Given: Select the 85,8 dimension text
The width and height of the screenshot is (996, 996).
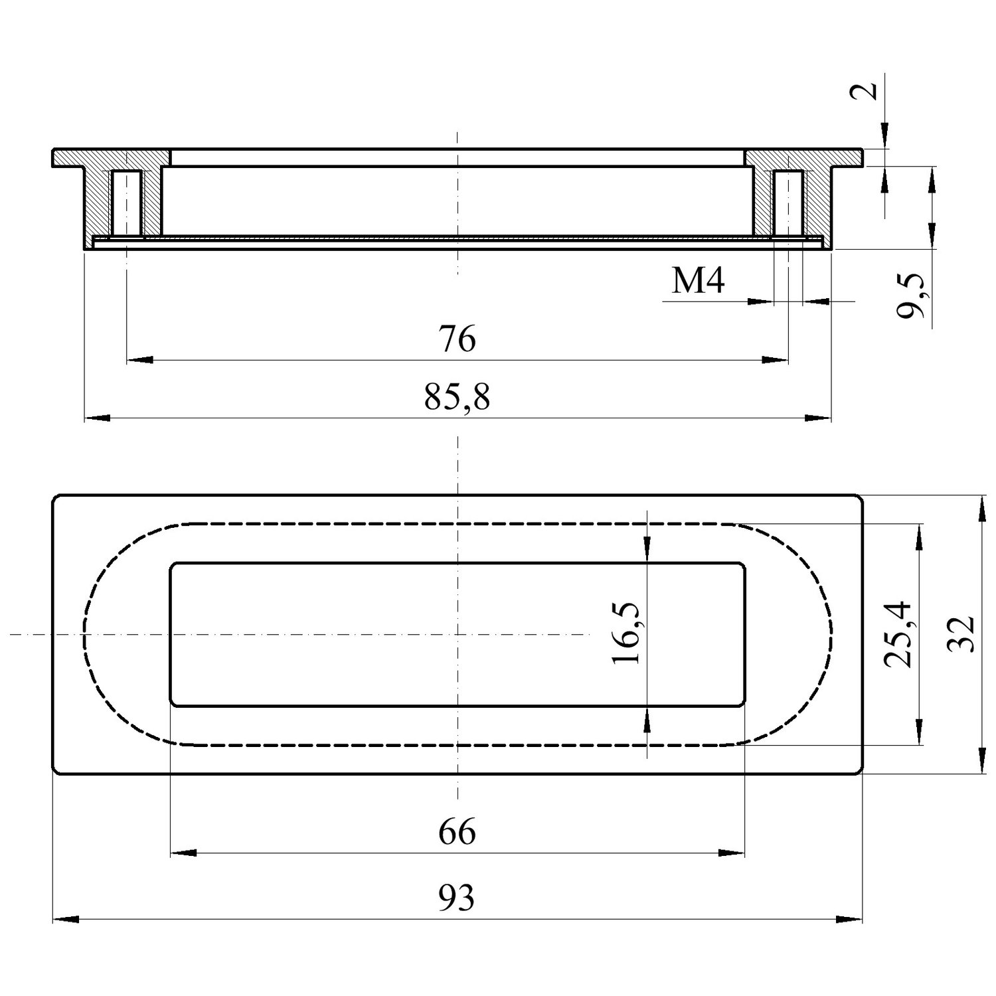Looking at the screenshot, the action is click(457, 398).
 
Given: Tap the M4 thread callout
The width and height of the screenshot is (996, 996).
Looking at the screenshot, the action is click(698, 282).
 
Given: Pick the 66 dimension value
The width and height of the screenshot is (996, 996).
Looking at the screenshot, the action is click(457, 832).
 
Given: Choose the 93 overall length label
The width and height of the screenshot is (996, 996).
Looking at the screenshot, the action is click(457, 899).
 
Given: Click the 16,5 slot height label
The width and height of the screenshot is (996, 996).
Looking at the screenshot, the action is click(625, 633).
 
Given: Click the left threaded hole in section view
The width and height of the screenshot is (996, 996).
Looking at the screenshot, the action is click(126, 203).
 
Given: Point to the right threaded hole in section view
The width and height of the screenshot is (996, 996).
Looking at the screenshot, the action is click(788, 203).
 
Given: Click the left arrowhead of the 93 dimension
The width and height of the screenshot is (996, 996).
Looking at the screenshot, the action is click(66, 920).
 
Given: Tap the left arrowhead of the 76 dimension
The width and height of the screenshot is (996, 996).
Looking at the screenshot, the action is click(139, 361).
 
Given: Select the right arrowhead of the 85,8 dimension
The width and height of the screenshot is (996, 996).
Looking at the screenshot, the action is click(818, 418).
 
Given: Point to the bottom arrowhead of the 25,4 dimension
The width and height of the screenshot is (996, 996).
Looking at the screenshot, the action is click(920, 731).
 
